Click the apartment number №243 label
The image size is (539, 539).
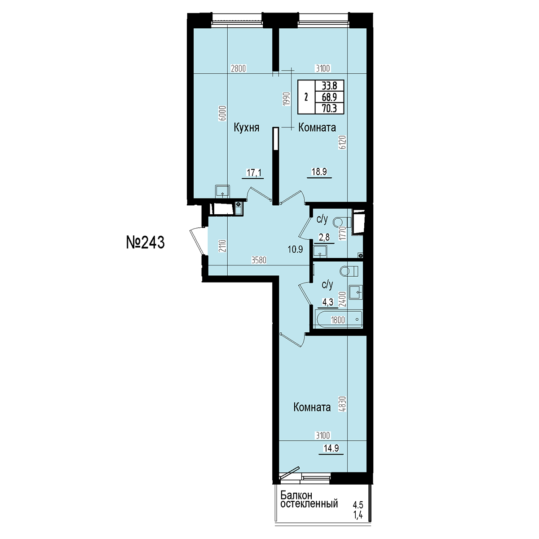pos(145,242)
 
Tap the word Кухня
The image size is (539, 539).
pos(247,128)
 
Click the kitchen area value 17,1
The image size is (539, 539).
pos(254,172)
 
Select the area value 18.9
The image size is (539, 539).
pos(319,172)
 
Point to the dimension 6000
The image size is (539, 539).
pos(222,113)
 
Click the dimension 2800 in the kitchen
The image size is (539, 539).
pos(238,68)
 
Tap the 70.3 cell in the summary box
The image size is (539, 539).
pos(330,108)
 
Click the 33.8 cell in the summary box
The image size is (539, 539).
pos(330,85)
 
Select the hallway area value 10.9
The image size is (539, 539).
pos(295,249)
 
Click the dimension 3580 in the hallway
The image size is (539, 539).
pos(259,260)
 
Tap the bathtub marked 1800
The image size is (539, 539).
pos(339,319)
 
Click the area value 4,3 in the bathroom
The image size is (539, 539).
pos(328,302)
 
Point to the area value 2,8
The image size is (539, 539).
pos(324,237)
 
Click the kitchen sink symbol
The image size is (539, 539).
pos(222,192)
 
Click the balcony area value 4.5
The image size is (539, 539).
pos(358,505)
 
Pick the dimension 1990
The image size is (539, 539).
pos(287,98)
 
